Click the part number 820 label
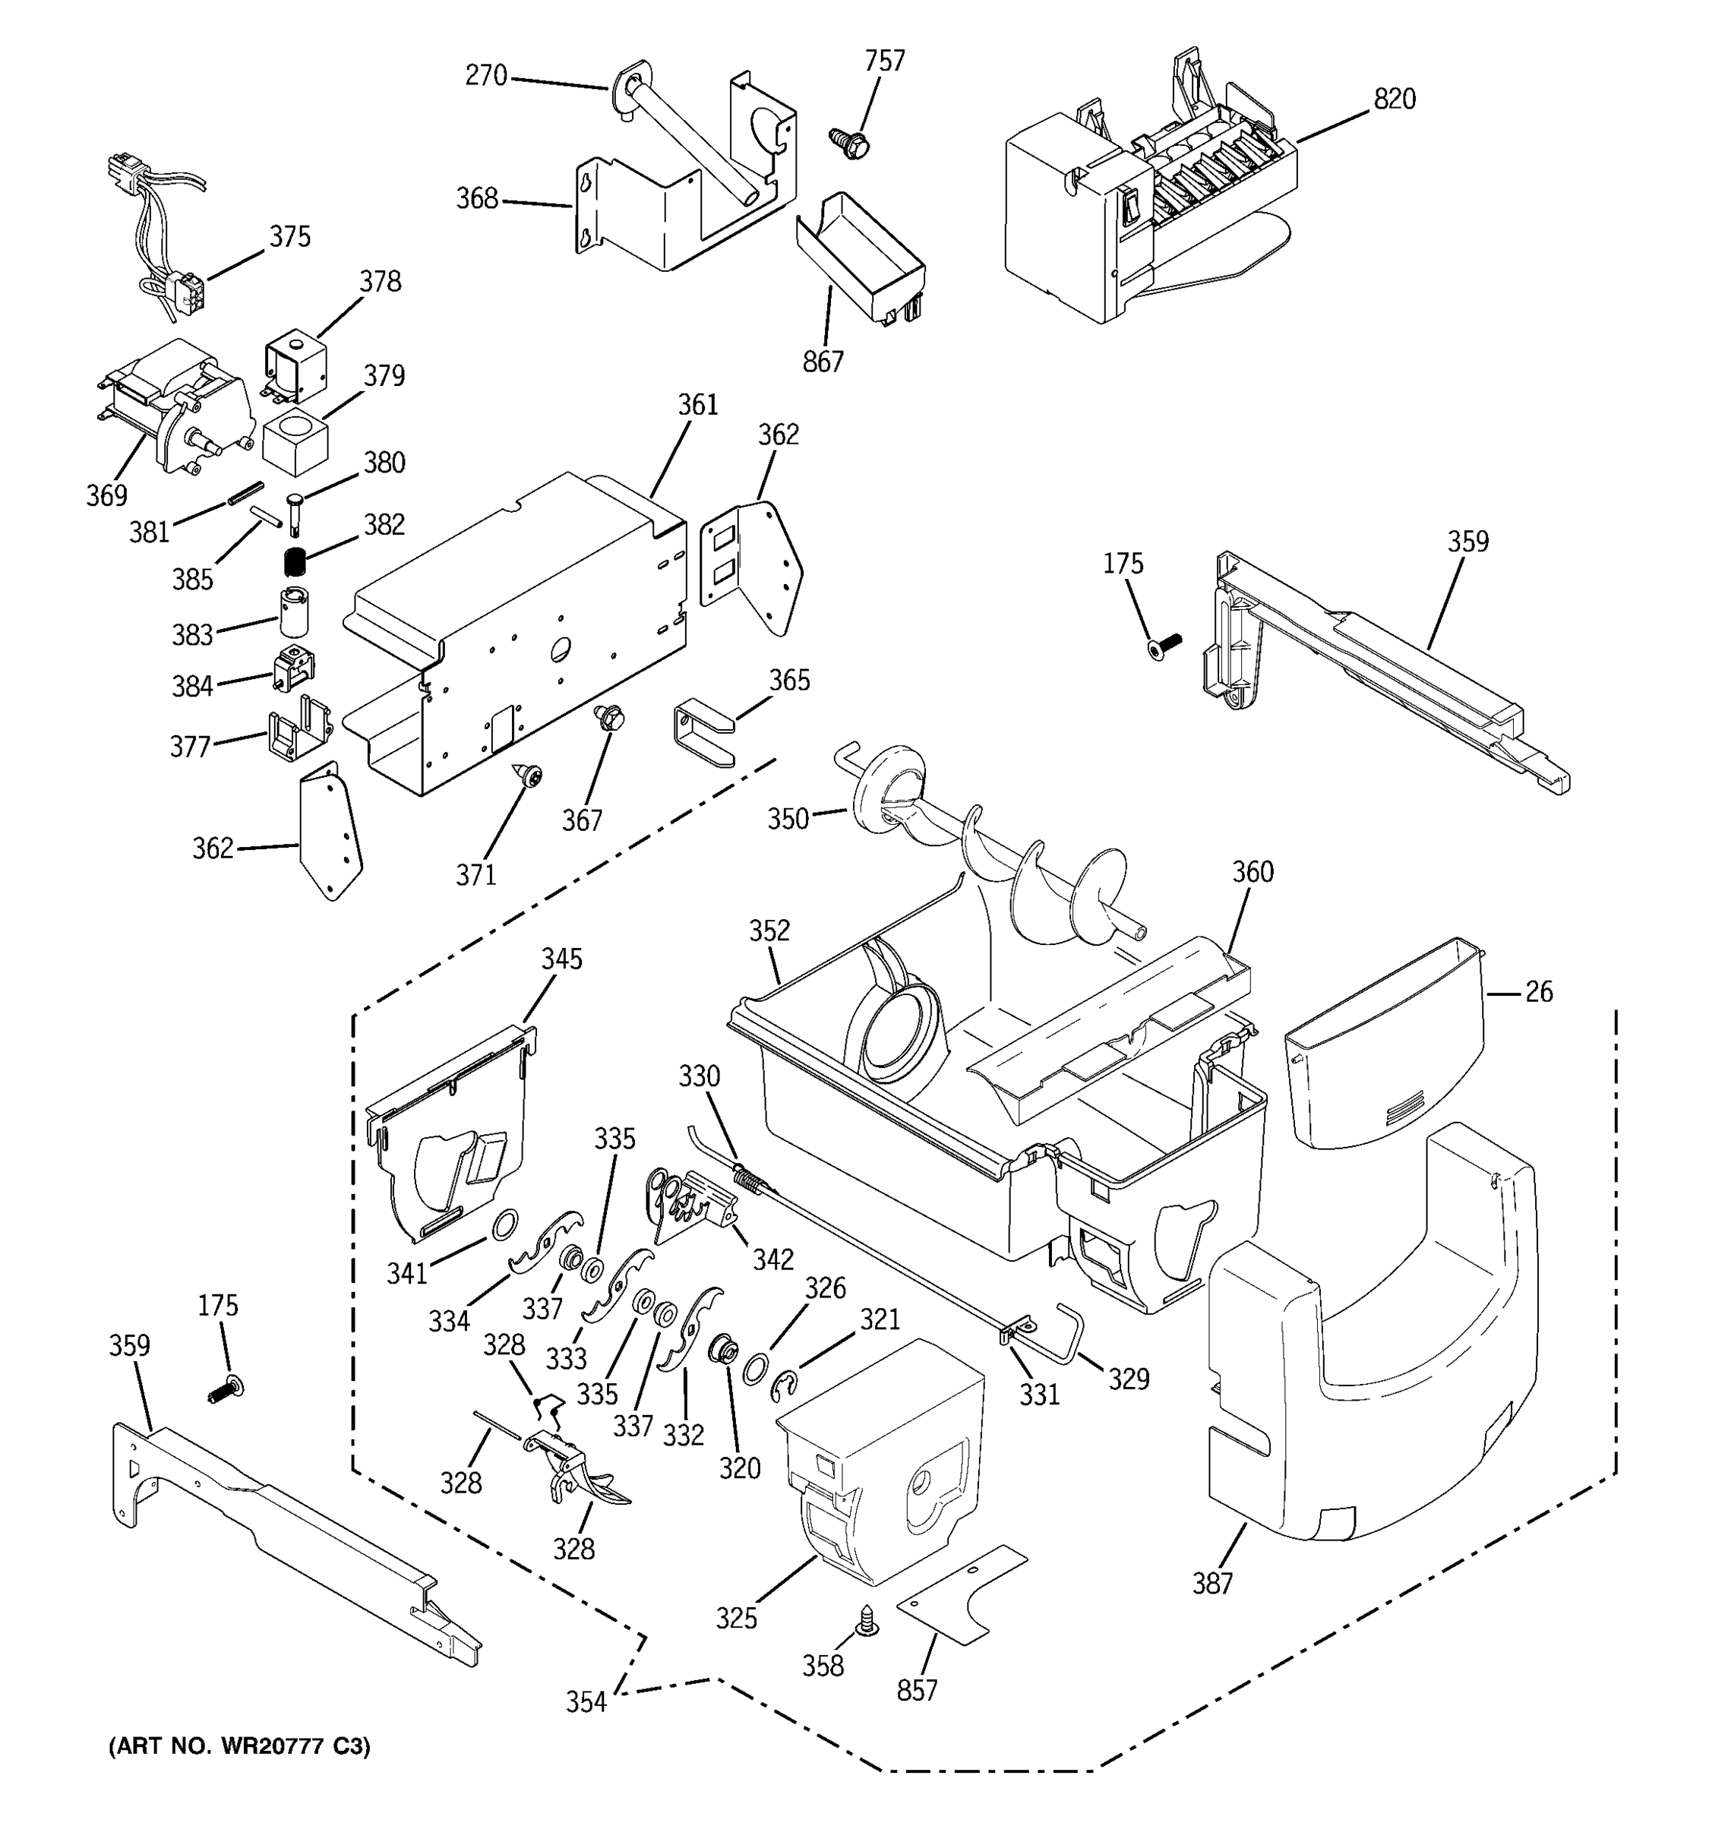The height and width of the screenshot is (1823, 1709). point(1394,99)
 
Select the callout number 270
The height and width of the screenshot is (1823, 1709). point(486,75)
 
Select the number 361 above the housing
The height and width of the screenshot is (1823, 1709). point(698,404)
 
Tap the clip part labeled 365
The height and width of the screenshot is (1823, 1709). point(703,733)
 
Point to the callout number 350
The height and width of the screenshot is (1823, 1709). point(788,818)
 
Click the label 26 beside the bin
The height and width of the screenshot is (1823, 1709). point(1538,991)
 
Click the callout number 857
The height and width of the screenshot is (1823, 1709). point(917,1690)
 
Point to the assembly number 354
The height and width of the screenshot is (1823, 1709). point(586,1702)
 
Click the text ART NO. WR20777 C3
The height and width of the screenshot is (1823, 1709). point(240,1748)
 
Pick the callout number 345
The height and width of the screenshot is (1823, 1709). point(561,959)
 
